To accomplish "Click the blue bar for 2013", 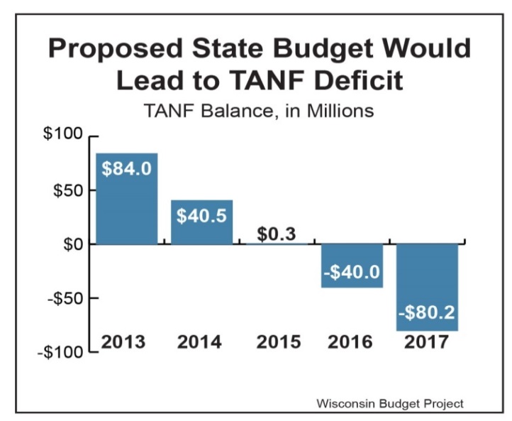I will (x=127, y=206).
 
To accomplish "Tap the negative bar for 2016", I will (x=352, y=277).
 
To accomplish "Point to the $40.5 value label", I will (x=202, y=216).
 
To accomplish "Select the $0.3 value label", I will (x=277, y=234).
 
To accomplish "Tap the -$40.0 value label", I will (x=352, y=272).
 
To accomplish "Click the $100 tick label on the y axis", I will (x=63, y=135).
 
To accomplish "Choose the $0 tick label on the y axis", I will (x=70, y=244).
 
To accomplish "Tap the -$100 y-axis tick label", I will (x=60, y=353).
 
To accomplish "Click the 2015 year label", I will (x=277, y=341).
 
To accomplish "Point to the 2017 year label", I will (x=428, y=341).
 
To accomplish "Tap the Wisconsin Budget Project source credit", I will (x=390, y=403).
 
